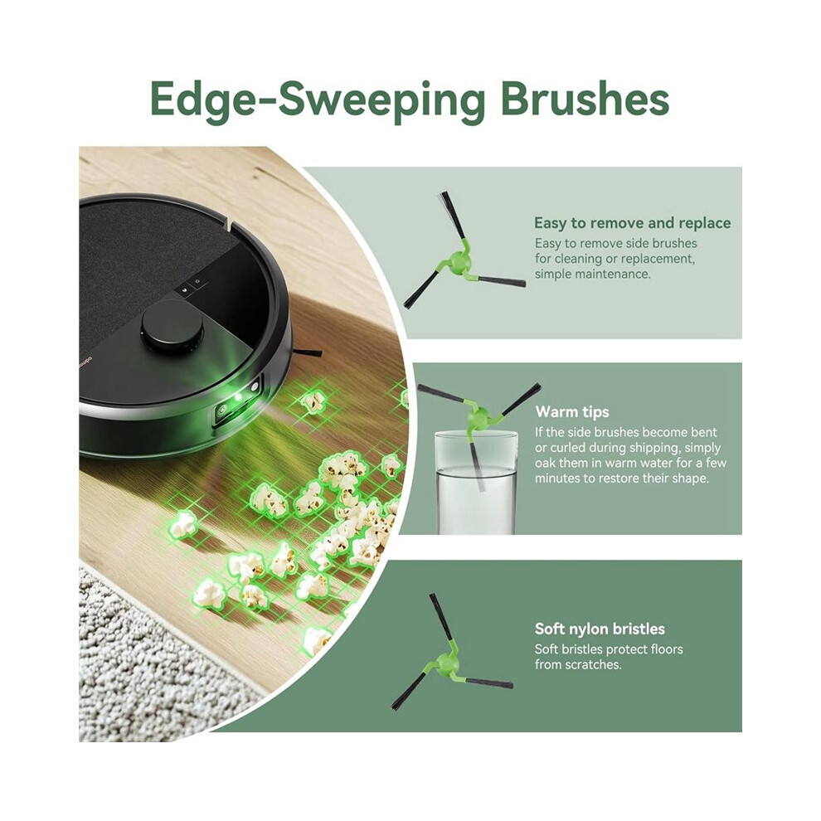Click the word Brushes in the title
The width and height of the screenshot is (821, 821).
[x=585, y=99]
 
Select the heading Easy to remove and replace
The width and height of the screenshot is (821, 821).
[x=632, y=223]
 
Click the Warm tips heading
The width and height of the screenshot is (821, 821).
[x=572, y=411]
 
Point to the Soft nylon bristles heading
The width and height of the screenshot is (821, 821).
[x=600, y=629]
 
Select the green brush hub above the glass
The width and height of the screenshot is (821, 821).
[x=478, y=417]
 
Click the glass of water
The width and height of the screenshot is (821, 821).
[x=476, y=483]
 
